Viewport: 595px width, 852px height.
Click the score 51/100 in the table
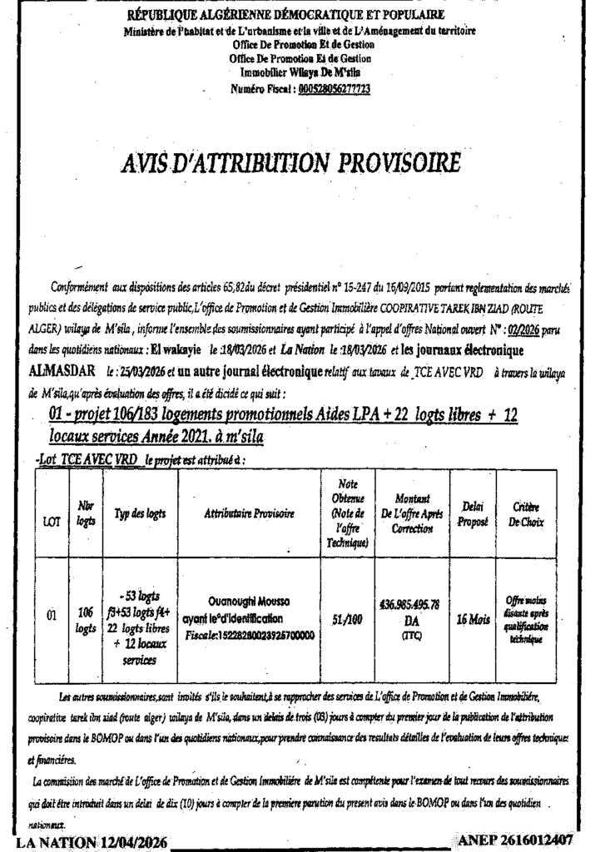coord(346,617)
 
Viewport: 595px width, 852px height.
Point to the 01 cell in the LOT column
coord(51,617)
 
